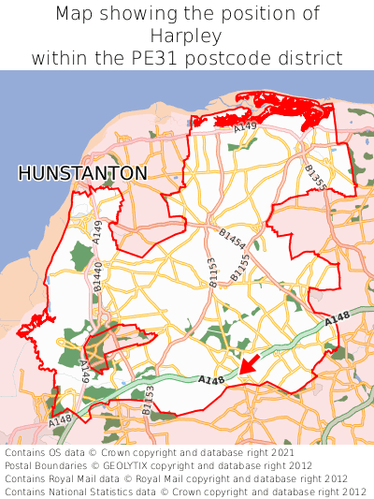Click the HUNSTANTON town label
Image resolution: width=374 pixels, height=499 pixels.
(x=82, y=174)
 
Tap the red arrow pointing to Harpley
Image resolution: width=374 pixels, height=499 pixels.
(x=250, y=364)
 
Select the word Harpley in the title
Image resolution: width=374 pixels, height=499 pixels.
(x=187, y=36)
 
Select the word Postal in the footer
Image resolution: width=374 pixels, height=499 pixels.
(x=21, y=464)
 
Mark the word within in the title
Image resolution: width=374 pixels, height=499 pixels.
(x=58, y=58)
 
